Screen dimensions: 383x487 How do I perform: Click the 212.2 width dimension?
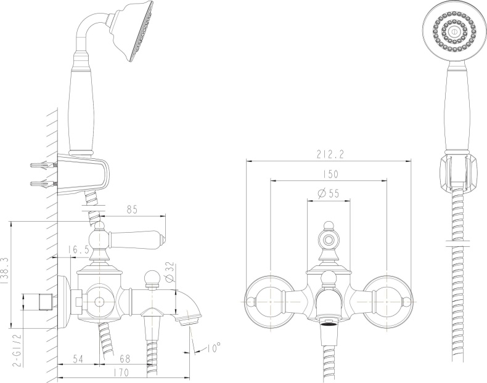coord(329,155)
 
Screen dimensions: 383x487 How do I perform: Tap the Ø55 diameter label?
coord(329,193)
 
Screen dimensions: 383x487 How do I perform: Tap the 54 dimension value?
coord(78,357)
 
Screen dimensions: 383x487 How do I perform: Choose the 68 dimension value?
coord(125,357)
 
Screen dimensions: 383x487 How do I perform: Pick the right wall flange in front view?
coord(387,300)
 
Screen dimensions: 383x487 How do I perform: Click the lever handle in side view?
coord(139,237)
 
